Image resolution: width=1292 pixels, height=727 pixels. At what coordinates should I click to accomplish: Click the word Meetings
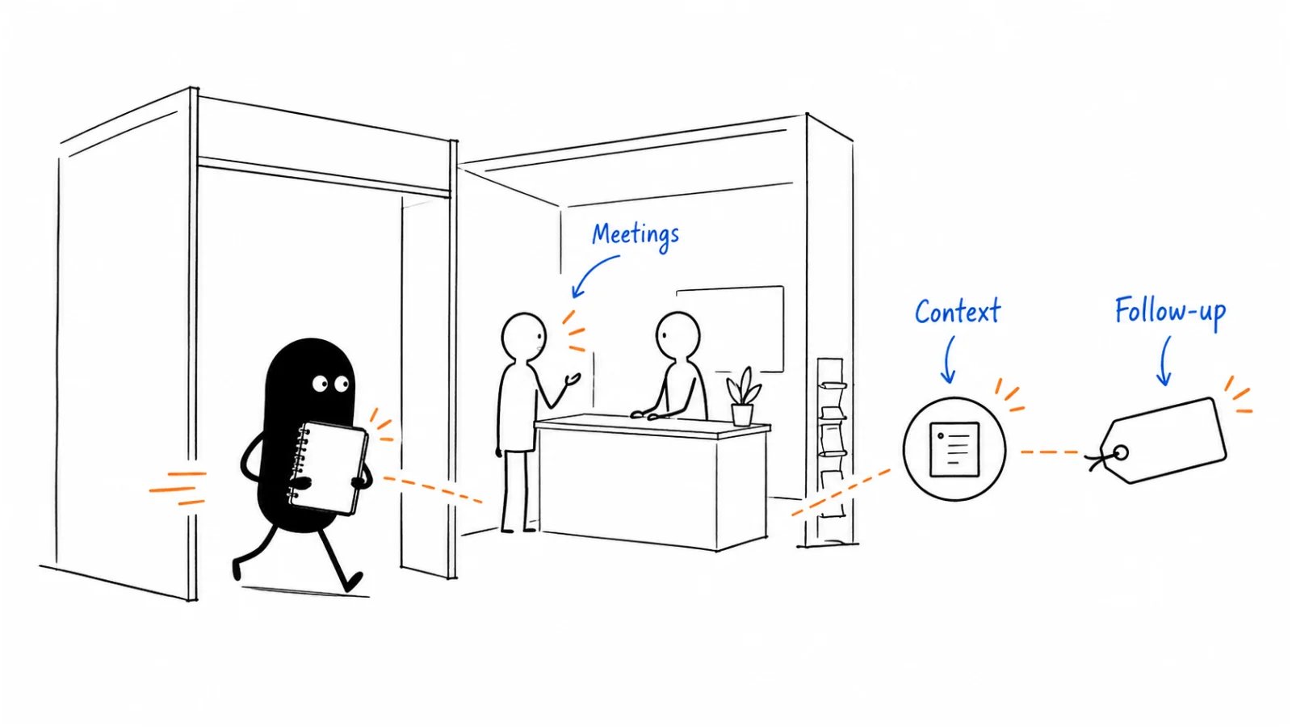[636, 236]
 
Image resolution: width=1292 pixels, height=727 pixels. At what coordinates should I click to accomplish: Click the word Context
[958, 312]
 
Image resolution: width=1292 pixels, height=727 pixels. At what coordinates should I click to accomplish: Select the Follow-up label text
[1170, 312]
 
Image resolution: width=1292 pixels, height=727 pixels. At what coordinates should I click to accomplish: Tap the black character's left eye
[320, 384]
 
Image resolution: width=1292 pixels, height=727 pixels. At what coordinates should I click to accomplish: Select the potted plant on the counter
[743, 397]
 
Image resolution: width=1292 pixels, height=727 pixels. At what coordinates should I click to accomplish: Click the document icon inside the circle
[954, 449]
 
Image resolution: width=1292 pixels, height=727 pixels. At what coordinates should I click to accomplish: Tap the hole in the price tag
[1121, 453]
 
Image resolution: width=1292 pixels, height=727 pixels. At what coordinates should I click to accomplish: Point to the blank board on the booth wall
[732, 329]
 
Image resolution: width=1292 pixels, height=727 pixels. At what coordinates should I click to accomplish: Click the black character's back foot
[237, 569]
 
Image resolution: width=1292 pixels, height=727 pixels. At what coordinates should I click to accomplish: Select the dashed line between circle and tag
[1049, 452]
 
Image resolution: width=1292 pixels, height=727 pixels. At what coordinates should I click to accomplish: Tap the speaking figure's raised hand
[573, 379]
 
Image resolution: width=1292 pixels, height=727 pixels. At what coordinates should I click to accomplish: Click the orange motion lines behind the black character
[178, 489]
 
